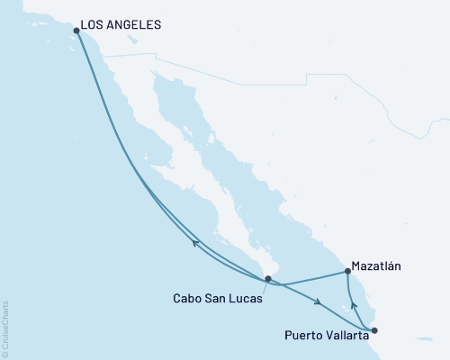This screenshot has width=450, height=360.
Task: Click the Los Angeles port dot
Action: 76,31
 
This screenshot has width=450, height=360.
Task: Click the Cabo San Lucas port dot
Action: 267,278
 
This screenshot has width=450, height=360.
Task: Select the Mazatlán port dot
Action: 347,271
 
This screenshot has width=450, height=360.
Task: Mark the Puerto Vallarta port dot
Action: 374,330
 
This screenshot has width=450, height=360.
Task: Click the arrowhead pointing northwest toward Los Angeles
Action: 195,241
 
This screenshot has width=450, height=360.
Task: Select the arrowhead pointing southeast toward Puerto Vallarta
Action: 319,302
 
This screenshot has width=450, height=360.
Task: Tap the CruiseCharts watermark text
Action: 5,329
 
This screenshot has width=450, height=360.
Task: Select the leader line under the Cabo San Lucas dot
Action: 264,285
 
